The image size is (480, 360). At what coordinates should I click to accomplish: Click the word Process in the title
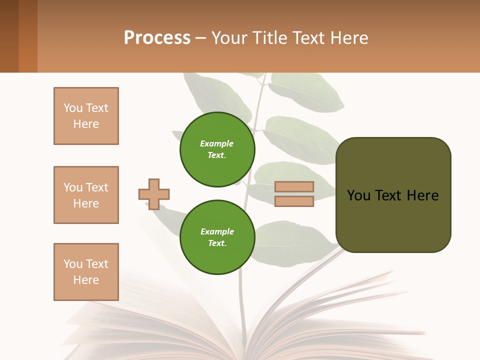pyautogui.click(x=157, y=38)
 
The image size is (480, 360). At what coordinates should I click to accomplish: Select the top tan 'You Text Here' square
pyautogui.click(x=86, y=116)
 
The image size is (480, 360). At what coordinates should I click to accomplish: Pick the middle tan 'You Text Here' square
pyautogui.click(x=86, y=195)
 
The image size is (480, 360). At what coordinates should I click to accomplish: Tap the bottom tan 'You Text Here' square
pyautogui.click(x=86, y=272)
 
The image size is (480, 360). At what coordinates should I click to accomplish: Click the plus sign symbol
pyautogui.click(x=154, y=194)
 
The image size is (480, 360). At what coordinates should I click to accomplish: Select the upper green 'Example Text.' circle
pyautogui.click(x=217, y=149)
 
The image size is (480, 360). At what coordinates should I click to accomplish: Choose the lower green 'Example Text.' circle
pyautogui.click(x=217, y=237)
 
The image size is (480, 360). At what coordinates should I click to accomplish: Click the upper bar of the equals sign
pyautogui.click(x=294, y=186)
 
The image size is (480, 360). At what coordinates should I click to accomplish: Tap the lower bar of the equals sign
pyautogui.click(x=294, y=201)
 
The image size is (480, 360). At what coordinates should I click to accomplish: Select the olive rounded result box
pyautogui.click(x=393, y=220)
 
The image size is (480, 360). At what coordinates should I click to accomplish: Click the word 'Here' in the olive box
pyautogui.click(x=422, y=195)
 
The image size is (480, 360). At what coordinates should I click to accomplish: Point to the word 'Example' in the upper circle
pyautogui.click(x=217, y=143)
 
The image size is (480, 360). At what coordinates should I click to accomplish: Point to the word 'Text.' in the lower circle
pyautogui.click(x=217, y=243)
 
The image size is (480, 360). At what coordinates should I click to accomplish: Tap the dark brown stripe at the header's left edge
pyautogui.click(x=9, y=36)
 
